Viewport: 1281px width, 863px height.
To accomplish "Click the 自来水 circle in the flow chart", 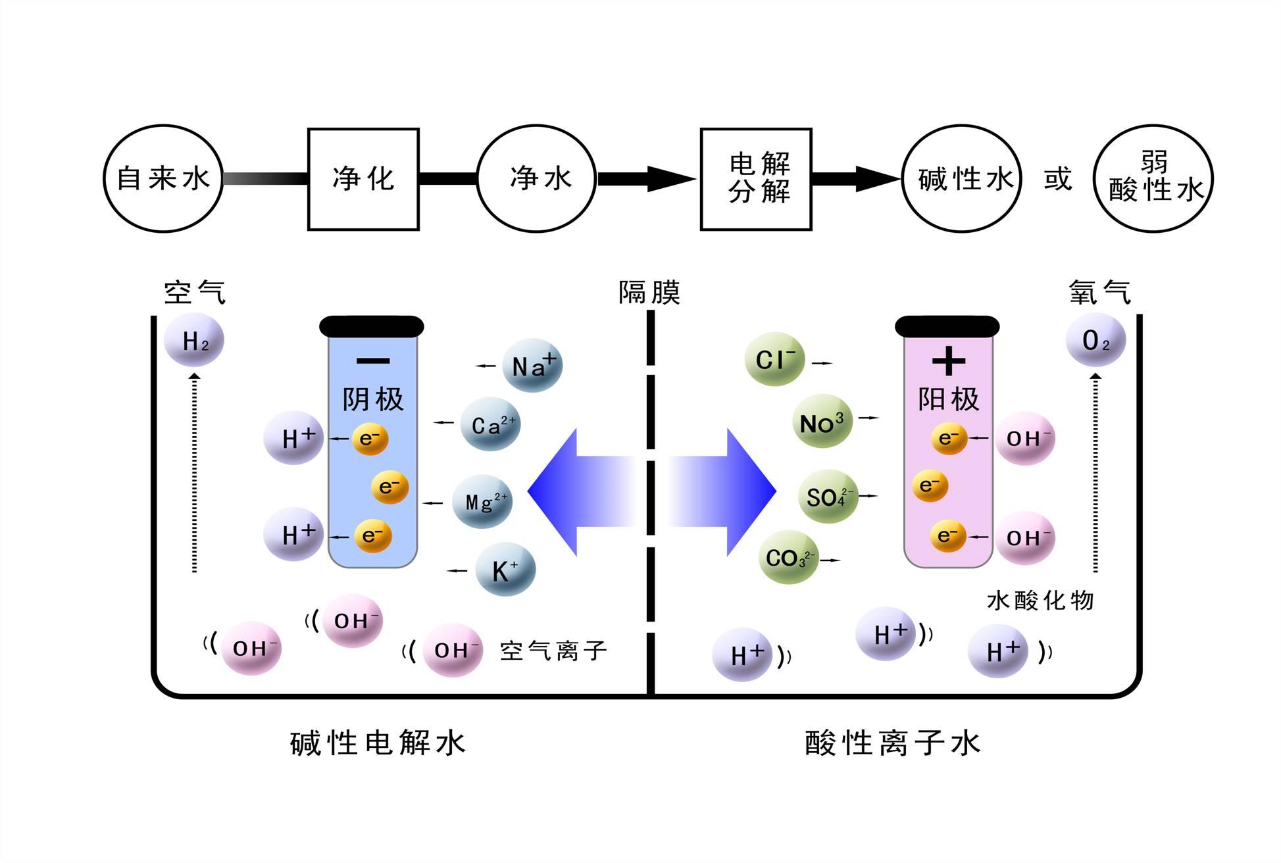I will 163,179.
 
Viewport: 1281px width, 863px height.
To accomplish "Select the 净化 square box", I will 363,179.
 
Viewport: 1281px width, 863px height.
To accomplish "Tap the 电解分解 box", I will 756,179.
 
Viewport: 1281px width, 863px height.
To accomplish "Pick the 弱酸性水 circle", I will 1153,179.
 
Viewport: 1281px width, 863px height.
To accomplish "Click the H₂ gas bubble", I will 194,340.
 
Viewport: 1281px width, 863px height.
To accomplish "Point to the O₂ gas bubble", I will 1095,340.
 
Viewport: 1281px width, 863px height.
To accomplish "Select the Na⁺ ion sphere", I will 532,366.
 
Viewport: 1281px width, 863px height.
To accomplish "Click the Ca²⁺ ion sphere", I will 491,424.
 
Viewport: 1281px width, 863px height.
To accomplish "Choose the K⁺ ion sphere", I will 505,570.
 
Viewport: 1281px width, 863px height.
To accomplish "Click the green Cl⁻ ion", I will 774,359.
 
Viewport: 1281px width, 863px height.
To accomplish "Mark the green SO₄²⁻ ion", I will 827,497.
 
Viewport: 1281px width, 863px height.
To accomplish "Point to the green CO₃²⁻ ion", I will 788,558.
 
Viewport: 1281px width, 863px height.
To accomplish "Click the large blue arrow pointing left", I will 579,492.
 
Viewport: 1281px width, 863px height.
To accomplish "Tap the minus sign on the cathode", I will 372,360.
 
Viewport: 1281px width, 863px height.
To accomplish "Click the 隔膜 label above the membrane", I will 649,292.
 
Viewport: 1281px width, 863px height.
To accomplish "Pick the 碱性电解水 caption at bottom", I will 378,743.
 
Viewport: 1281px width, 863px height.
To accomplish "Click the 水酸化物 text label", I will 1040,600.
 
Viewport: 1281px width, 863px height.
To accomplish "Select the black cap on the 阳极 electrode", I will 947,326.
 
